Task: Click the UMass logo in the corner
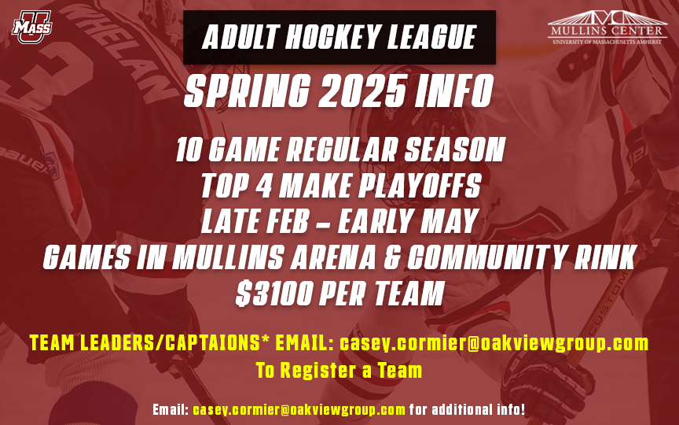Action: coord(32,27)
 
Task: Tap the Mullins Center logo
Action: coord(607,27)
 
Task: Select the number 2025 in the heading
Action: coord(362,91)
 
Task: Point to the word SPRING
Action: coord(248,91)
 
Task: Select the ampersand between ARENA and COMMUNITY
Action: coord(391,257)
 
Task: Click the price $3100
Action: coord(274,293)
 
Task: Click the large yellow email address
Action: coord(494,343)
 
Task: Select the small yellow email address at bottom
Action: coord(299,409)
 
